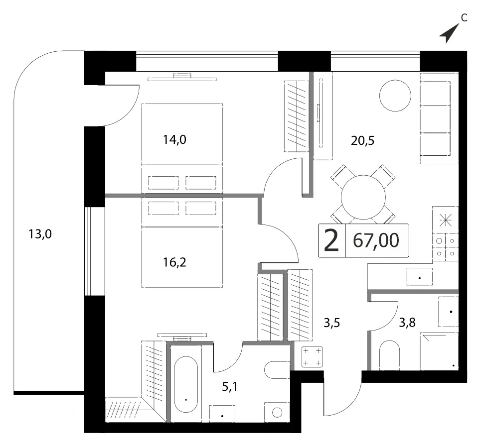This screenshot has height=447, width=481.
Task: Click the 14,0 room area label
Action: [x=174, y=140]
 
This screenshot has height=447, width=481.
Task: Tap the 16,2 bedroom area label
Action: [x=174, y=262]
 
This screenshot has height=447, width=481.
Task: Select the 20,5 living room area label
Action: [x=362, y=141]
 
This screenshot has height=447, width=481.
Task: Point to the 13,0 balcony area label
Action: [x=40, y=234]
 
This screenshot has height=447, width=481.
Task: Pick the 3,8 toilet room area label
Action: [x=407, y=323]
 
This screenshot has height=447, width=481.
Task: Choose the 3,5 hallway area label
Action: [x=332, y=323]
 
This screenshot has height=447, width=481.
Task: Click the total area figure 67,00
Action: [x=376, y=240]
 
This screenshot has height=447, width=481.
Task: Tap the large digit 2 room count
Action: [x=331, y=240]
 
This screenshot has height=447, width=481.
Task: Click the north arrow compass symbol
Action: [x=450, y=33]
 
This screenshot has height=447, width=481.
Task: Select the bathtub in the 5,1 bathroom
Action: [x=186, y=384]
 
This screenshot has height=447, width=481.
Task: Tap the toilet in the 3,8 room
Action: [x=390, y=355]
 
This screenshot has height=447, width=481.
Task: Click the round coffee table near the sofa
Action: [x=395, y=96]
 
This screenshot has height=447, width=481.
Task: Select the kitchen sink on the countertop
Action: [x=420, y=277]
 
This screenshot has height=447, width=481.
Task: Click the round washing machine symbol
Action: [x=277, y=412]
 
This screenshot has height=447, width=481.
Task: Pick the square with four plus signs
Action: [x=313, y=356]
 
